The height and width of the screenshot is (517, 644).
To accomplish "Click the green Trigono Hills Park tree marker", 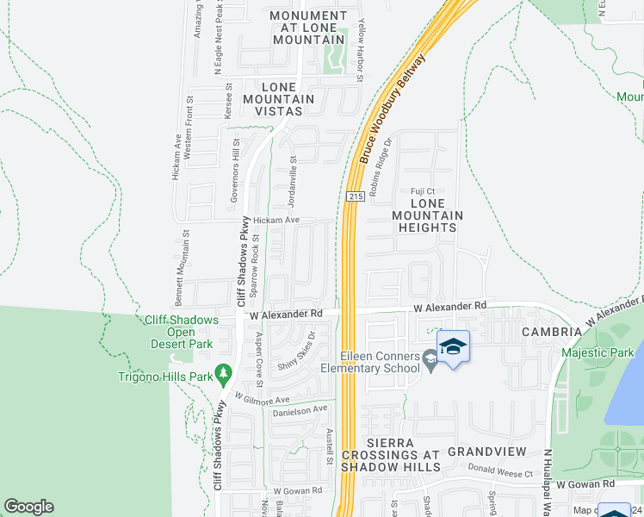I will tap(224, 373).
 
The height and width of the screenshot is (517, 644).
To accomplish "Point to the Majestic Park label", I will tap(597, 352).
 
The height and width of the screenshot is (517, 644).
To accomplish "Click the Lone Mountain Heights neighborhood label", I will tap(427, 221).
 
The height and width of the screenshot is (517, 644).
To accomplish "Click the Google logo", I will tap(28, 507).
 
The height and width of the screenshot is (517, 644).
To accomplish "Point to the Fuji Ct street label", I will tap(423, 191).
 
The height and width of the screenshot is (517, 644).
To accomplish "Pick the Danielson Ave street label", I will tap(300, 410).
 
